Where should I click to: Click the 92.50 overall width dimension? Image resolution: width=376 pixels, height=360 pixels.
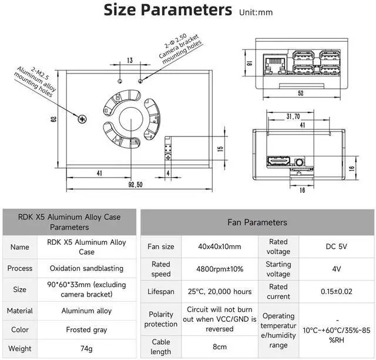point(136,185)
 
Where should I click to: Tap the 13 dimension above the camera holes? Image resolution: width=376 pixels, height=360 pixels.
point(130,60)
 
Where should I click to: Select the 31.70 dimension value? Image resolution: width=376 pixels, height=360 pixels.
point(293,116)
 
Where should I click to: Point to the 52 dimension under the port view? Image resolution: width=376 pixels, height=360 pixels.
point(301,93)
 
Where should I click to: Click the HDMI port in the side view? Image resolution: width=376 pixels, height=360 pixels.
point(278,161)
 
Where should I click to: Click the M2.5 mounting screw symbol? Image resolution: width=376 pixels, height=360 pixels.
point(82,119)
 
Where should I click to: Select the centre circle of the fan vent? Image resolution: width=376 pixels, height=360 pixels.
point(131,119)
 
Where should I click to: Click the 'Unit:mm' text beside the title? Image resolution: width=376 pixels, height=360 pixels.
point(256,12)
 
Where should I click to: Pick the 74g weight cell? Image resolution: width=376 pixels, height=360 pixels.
point(86,348)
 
